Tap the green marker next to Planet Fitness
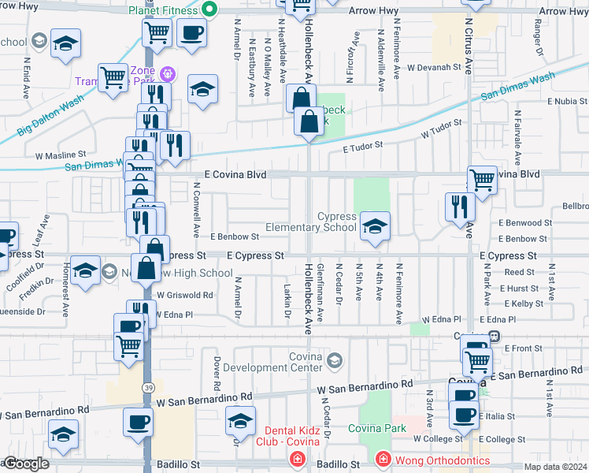coord(209,10)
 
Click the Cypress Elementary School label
coord(310,222)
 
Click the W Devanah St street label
coord(434,68)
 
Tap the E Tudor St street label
coord(361,145)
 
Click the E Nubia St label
coord(560,102)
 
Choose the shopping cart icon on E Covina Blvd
coord(482,179)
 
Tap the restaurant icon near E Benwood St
coord(460,207)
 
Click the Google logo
coord(25,464)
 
